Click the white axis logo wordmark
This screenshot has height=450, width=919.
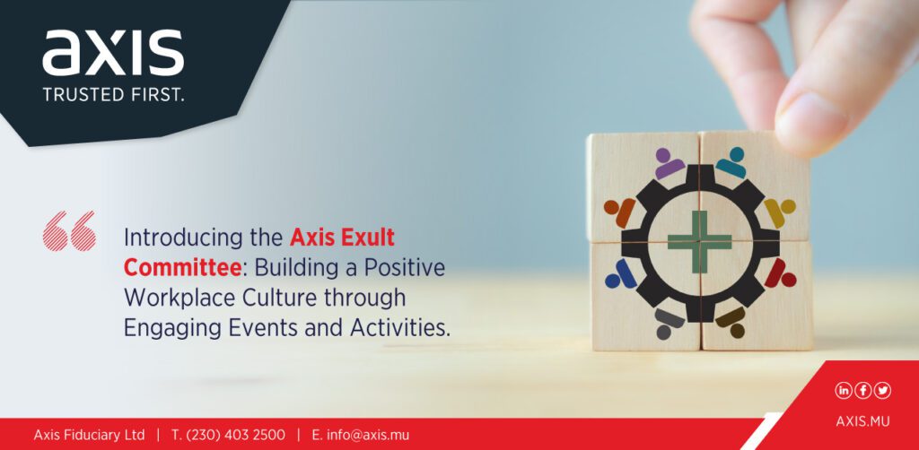[x=113, y=54]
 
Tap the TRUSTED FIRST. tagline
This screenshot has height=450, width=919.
[x=114, y=95]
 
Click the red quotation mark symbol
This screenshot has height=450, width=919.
[x=69, y=230]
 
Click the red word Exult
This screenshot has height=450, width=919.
[x=367, y=238]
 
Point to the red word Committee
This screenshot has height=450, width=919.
[x=183, y=268]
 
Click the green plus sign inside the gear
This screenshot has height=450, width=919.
[x=700, y=242]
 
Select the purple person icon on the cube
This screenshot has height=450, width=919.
[x=669, y=164]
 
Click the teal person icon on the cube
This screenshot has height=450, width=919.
[x=731, y=162]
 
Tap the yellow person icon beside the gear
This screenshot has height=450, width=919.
[x=780, y=212]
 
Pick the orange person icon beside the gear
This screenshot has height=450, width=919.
[x=620, y=212]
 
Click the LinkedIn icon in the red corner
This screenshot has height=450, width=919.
[x=844, y=390]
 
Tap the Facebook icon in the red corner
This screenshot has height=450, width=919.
[x=862, y=390]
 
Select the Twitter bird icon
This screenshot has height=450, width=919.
[x=882, y=390]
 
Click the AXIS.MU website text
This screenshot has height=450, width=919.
[x=862, y=422]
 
